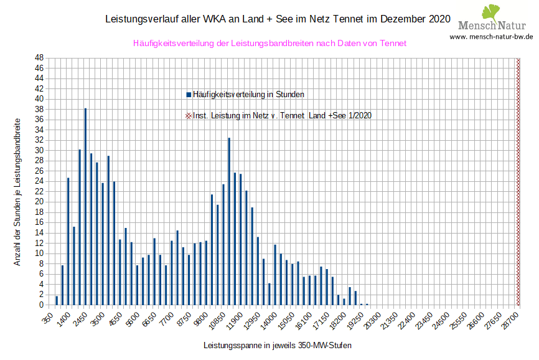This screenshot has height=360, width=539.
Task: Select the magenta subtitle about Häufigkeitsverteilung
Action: pos(269,44)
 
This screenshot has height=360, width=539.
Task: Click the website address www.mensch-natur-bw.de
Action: pos(491,37)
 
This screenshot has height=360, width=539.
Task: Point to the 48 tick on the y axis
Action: pos(39,58)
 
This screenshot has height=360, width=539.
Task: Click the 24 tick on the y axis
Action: pos(39,181)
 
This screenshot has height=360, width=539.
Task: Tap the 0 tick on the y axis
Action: pos(40,305)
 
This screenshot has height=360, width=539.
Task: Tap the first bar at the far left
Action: pos(57,300)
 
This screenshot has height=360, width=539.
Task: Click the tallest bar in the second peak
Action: pos(229,221)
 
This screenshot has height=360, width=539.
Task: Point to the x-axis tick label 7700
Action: pos(168,319)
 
